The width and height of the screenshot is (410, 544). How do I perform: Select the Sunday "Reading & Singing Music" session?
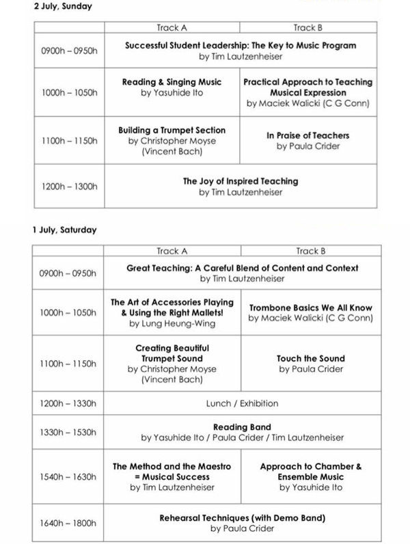point(172,82)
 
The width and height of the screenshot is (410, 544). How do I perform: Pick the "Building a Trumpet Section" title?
point(172,130)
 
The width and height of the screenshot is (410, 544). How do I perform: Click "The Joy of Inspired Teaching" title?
point(240,181)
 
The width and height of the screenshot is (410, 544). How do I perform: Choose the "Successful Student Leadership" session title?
point(240,46)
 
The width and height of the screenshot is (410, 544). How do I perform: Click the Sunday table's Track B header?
point(307,28)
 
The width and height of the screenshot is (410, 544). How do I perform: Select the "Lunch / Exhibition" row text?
point(242,403)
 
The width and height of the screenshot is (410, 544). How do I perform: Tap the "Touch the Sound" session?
point(311,358)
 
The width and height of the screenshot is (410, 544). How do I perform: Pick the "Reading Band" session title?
point(243,427)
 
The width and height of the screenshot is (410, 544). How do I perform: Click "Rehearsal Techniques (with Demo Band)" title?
point(243,517)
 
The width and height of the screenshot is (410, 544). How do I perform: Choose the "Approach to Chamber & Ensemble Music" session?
point(311,472)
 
